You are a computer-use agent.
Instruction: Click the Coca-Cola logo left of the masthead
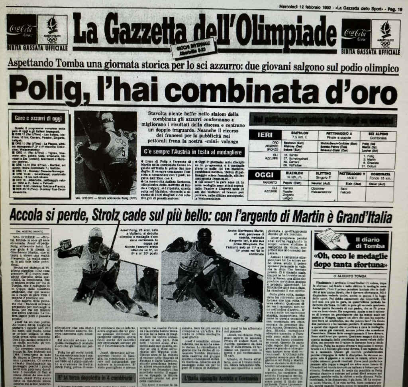pos(22,30)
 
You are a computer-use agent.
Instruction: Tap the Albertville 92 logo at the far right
pos(385,34)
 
